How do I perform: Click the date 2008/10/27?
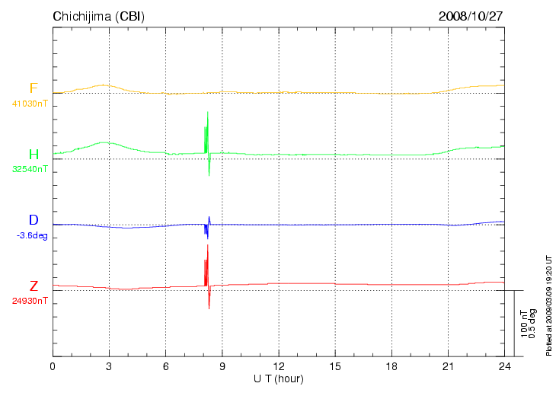(470, 16)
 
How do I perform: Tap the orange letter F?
(34, 88)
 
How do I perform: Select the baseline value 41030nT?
(30, 103)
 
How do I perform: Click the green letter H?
(34, 155)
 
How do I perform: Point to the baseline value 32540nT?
(30, 169)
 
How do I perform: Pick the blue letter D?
(34, 220)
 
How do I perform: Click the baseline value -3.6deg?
(32, 235)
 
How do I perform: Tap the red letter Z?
(34, 286)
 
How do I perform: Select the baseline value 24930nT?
(30, 301)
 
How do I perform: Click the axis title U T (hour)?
(279, 378)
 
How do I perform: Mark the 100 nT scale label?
(524, 324)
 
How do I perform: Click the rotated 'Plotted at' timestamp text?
(548, 305)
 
